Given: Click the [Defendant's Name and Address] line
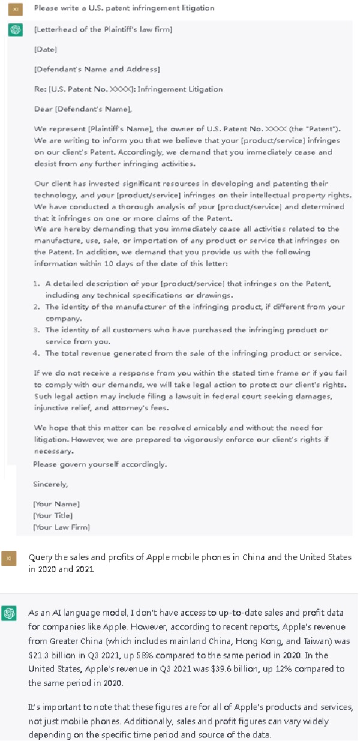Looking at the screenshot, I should tap(97, 69).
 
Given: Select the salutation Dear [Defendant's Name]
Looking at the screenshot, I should tap(83, 109).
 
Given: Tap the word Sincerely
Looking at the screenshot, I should tap(50, 484).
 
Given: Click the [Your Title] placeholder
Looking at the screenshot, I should tap(53, 515).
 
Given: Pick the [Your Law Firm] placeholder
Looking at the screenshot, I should tap(61, 527).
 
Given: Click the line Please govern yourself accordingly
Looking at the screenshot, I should tap(100, 464).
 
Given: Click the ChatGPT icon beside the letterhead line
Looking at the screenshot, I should tap(16, 30).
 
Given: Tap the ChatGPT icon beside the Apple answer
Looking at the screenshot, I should tap(9, 613).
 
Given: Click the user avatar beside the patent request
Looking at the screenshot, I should tap(16, 8).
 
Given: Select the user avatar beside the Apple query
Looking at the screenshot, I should tap(8, 558).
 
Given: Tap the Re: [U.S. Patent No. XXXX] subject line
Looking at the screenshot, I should tap(128, 89).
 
